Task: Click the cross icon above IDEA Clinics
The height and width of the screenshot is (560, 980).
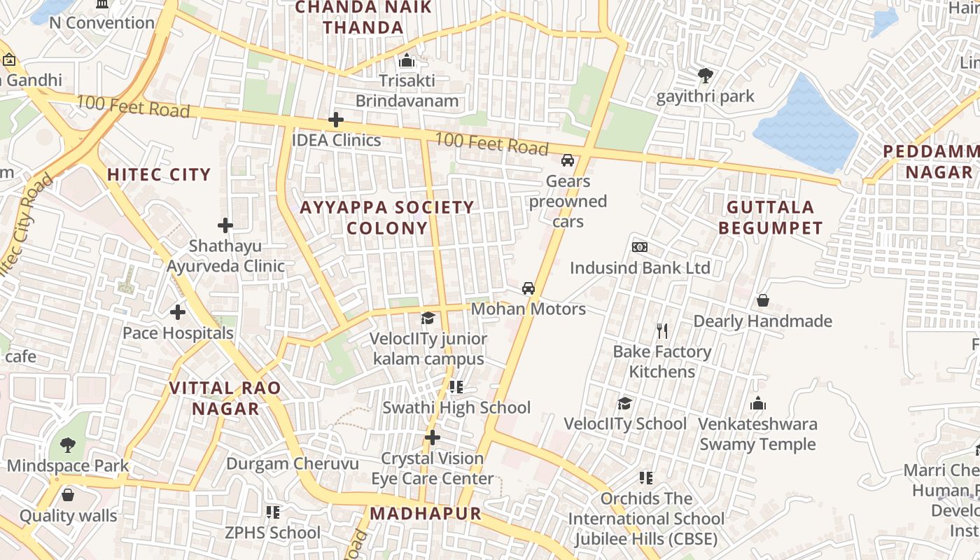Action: tap(336, 120)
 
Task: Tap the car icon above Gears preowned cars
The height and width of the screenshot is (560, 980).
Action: tap(568, 160)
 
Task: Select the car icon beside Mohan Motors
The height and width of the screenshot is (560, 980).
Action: tap(528, 288)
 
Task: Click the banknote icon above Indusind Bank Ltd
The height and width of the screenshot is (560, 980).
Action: tap(639, 247)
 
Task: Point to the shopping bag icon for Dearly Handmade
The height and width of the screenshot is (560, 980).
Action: tap(763, 300)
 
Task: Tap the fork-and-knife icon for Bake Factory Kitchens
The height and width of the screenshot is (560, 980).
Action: tap(662, 330)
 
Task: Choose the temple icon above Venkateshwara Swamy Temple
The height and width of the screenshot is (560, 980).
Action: tap(758, 403)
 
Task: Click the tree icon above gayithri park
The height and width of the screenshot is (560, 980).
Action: tap(705, 75)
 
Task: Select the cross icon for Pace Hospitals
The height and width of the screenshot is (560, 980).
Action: tap(178, 312)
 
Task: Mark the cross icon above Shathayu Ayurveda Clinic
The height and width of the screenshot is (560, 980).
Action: tap(225, 225)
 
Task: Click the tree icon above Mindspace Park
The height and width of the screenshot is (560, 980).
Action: tap(67, 444)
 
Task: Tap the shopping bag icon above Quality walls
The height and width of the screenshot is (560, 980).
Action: tap(68, 495)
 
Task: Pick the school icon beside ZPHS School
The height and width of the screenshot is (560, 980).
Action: tap(273, 512)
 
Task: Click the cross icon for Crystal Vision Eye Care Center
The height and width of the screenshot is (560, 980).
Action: tap(433, 438)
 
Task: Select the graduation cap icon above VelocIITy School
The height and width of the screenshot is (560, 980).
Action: tap(624, 403)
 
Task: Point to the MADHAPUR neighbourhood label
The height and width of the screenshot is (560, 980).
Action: tap(426, 513)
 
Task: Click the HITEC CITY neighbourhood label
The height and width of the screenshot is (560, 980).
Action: tap(159, 175)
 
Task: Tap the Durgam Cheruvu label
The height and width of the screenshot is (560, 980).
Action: tap(293, 463)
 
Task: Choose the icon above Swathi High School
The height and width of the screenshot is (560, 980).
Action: tap(456, 386)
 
